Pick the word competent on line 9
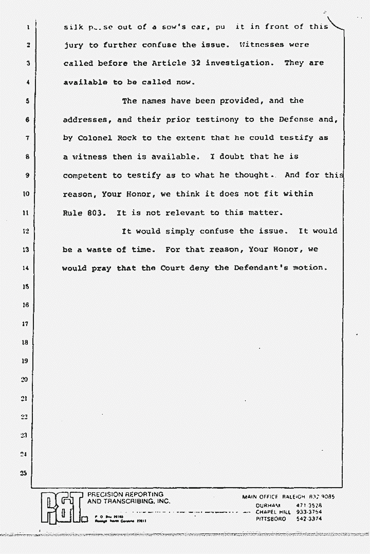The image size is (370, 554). [85, 175]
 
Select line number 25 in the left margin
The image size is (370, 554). [23, 473]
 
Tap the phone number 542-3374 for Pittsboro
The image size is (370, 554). [309, 519]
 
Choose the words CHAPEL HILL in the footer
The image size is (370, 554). [273, 512]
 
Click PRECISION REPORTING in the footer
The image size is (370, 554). [126, 494]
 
